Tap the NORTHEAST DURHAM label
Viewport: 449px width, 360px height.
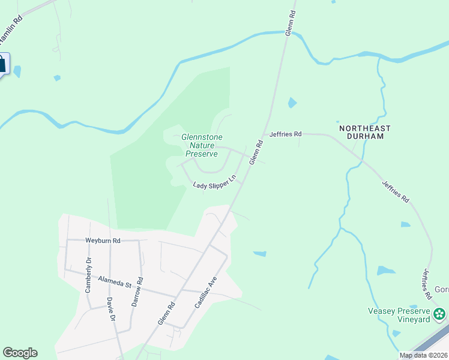tap(364, 132)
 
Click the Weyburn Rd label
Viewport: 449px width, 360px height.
tap(103, 241)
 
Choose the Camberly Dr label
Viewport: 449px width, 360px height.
tap(88, 275)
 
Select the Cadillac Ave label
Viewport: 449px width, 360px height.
tap(205, 293)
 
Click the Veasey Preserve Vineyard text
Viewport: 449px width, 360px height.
tap(399, 315)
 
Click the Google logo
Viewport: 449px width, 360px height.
tap(20, 353)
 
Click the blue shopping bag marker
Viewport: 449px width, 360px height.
tap(2, 64)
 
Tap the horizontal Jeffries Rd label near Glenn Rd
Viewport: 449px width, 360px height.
tap(285, 134)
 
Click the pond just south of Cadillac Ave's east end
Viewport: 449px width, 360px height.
tap(260, 254)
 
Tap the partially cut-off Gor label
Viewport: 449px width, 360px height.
tap(441, 290)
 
